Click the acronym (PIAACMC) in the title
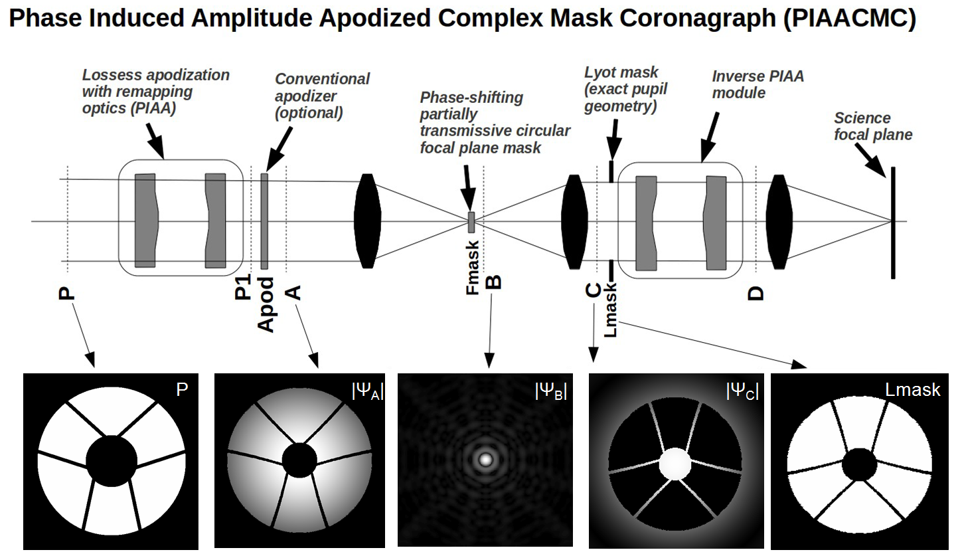click(x=849, y=20)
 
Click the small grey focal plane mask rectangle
click(x=471, y=222)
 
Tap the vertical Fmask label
click(x=472, y=268)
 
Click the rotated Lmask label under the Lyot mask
click(x=611, y=309)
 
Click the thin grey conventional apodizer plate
click(x=264, y=221)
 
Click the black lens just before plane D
click(x=779, y=221)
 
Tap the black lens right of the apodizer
click(x=368, y=221)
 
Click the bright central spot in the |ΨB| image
click(x=485, y=458)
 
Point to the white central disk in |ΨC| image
click(x=675, y=463)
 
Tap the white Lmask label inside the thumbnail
click(x=913, y=390)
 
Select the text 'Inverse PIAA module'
click(x=758, y=84)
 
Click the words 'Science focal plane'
click(x=873, y=126)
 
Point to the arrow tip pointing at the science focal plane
click(x=885, y=176)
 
